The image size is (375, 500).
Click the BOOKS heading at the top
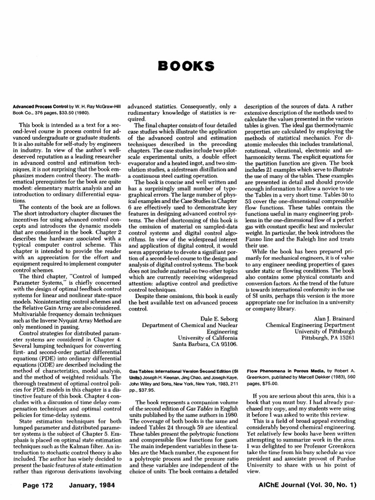coord(187,65)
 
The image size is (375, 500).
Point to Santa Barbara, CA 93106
coord(206,344)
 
